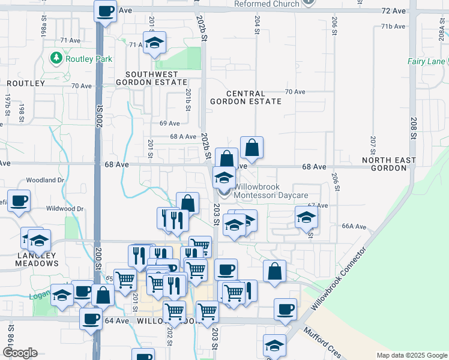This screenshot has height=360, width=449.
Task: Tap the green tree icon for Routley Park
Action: (56, 59)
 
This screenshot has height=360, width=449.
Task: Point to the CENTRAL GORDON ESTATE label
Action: (246, 98)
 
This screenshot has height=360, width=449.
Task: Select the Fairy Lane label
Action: (426, 61)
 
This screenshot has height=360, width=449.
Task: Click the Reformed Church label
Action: (267, 4)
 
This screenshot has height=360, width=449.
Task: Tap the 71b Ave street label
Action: (394, 26)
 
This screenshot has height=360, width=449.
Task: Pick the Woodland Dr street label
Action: (45, 180)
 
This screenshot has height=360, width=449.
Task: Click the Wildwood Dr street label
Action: (66, 209)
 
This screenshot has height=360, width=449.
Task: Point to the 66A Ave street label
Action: (354, 226)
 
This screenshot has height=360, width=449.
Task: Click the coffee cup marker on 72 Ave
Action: (105, 11)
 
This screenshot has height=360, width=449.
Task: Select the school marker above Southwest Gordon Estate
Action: (155, 43)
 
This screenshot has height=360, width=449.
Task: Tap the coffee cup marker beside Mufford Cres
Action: (286, 310)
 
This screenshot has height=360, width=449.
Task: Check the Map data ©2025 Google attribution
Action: (412, 355)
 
